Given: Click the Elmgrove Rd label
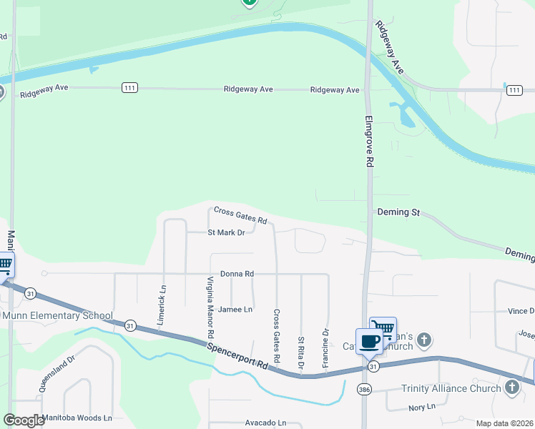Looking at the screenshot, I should coord(369,142).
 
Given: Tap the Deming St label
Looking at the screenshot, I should coord(398,212).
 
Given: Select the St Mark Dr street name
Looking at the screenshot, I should coord(226,232).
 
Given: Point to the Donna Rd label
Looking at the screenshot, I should coord(237,274).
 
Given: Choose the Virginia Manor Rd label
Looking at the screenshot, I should coord(211,307).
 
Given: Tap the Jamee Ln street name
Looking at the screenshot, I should coord(235,310).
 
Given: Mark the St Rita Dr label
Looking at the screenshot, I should coord(301,353).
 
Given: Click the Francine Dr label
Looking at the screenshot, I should coord(325,347).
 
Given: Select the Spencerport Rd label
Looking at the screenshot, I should coord(238,354).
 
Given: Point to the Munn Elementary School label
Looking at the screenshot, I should coord(57,315).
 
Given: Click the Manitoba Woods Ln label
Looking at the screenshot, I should coord(77,418).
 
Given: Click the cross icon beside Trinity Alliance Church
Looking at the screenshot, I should coord(511,388).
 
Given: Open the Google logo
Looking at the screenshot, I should coord(24,420).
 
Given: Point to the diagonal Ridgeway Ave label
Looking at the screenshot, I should coord(390,48).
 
